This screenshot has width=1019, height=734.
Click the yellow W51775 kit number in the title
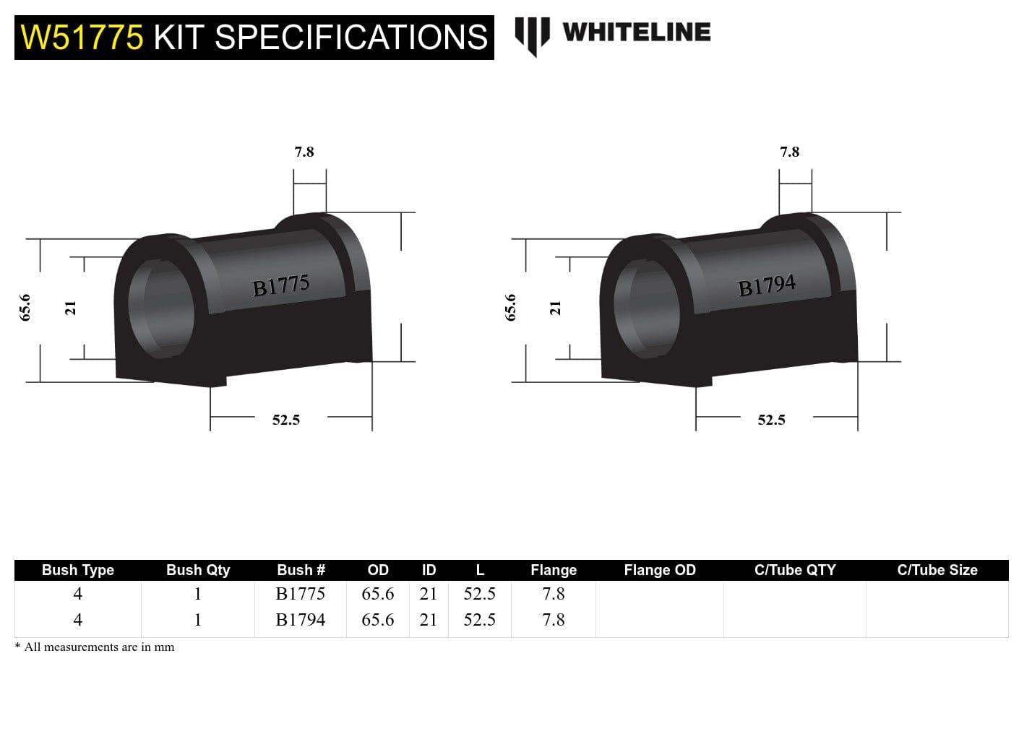point(82,38)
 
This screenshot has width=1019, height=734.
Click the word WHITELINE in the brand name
point(636,33)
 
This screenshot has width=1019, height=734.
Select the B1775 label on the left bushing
point(281,286)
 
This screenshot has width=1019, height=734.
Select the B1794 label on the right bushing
point(767,286)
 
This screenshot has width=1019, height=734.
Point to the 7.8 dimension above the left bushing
point(304,152)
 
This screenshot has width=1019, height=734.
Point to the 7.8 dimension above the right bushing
point(790,152)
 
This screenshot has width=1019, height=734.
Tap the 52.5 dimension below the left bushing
point(286,420)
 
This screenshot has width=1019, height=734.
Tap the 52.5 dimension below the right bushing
point(772,420)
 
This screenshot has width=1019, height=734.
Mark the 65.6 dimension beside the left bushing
point(26,307)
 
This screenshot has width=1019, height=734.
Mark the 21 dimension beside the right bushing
point(556,308)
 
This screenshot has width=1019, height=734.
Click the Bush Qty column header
point(198,570)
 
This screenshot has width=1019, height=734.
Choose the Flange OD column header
point(660,570)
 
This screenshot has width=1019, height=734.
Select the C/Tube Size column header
point(937,570)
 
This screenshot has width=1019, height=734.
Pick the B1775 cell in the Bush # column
point(301,594)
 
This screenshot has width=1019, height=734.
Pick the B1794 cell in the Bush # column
point(301,620)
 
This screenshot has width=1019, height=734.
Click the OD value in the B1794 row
point(378,620)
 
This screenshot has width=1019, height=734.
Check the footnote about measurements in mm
point(95,647)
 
